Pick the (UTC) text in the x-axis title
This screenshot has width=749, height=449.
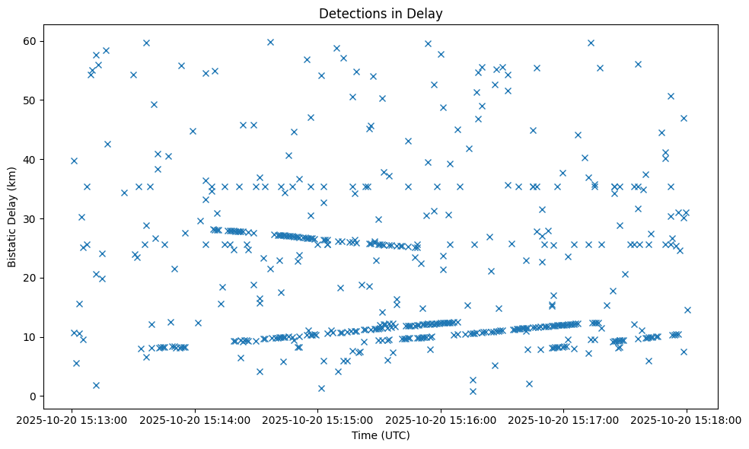click(394, 435)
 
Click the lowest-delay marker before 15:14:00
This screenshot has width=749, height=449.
click(96, 385)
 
